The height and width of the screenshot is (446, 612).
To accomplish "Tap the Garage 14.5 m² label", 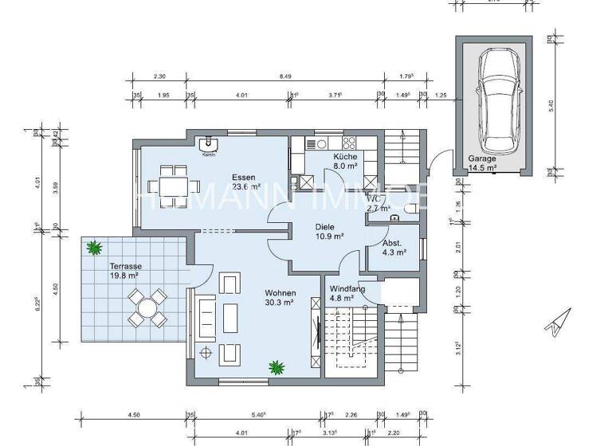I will (482, 163).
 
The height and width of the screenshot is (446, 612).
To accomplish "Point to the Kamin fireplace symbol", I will (210, 143).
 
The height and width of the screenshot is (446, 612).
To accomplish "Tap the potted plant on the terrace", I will (96, 248).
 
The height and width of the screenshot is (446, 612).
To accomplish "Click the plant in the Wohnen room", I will (277, 367).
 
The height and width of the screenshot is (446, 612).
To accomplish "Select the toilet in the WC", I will (410, 209).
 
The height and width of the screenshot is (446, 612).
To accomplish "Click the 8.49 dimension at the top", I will (284, 77).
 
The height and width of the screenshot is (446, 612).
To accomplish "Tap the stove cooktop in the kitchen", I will (349, 143).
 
